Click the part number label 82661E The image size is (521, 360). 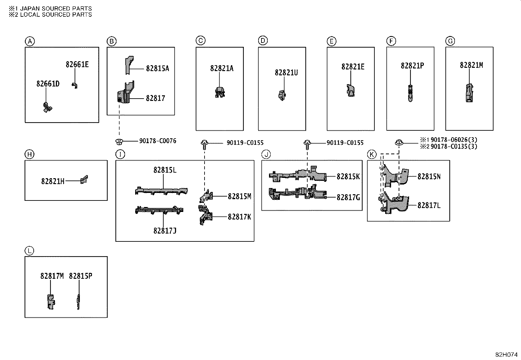77,65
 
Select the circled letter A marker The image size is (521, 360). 30,42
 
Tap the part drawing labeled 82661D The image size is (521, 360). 47,107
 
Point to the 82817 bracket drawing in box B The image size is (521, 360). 126,92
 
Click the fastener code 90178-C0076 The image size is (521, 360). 158,141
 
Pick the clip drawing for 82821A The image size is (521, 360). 220,92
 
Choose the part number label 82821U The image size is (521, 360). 286,73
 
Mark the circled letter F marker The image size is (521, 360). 391,41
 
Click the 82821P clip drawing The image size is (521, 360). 410,93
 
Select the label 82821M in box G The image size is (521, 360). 472,65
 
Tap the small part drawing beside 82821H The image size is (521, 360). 84,180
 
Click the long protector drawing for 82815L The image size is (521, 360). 161,191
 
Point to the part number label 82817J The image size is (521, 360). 165,231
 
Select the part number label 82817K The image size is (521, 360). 239,217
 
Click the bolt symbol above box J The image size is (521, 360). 307,144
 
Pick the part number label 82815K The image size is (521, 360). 348,177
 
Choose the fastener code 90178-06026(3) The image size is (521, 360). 454,140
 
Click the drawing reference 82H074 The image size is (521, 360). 506,355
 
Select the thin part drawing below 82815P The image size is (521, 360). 79,302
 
